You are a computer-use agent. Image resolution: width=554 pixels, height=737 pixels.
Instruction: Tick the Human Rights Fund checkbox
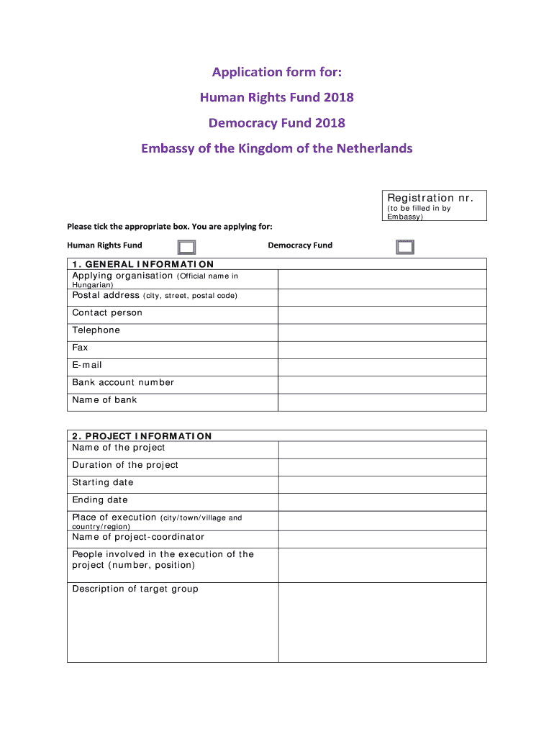pyautogui.click(x=186, y=248)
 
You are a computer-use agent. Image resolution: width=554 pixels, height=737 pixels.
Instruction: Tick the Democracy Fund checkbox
pyautogui.click(x=405, y=248)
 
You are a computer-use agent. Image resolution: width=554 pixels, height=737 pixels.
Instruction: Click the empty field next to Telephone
pyautogui.click(x=382, y=333)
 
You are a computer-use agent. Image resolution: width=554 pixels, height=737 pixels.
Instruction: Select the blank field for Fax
pyautogui.click(x=382, y=350)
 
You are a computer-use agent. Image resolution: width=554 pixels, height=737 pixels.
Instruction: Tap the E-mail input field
pyautogui.click(x=382, y=367)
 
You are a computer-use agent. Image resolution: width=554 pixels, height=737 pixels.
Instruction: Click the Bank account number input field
pyautogui.click(x=382, y=384)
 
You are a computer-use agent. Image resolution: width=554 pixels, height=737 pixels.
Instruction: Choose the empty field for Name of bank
pyautogui.click(x=382, y=402)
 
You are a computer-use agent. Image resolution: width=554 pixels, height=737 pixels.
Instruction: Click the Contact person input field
pyautogui.click(x=382, y=315)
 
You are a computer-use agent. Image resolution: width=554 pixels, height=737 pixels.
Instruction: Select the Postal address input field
pyautogui.click(x=382, y=297)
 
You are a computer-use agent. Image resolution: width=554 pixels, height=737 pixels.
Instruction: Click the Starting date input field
pyautogui.click(x=382, y=484)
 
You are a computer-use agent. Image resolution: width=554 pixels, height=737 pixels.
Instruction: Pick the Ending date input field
pyautogui.click(x=382, y=502)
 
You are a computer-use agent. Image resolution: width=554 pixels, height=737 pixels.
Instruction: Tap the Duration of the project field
pyautogui.click(x=382, y=467)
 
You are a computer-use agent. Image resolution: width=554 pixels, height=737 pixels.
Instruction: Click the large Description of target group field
pyautogui.click(x=382, y=622)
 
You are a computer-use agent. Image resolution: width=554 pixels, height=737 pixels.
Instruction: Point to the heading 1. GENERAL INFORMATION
pyautogui.click(x=142, y=264)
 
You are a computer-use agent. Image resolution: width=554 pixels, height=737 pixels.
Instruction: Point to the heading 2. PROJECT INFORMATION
pyautogui.click(x=142, y=436)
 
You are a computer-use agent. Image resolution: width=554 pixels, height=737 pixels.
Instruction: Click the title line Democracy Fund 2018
pyautogui.click(x=277, y=123)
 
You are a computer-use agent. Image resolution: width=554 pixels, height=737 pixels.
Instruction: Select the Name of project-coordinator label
pyautogui.click(x=138, y=537)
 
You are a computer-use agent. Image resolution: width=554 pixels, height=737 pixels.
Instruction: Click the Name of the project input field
pyautogui.click(x=382, y=450)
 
